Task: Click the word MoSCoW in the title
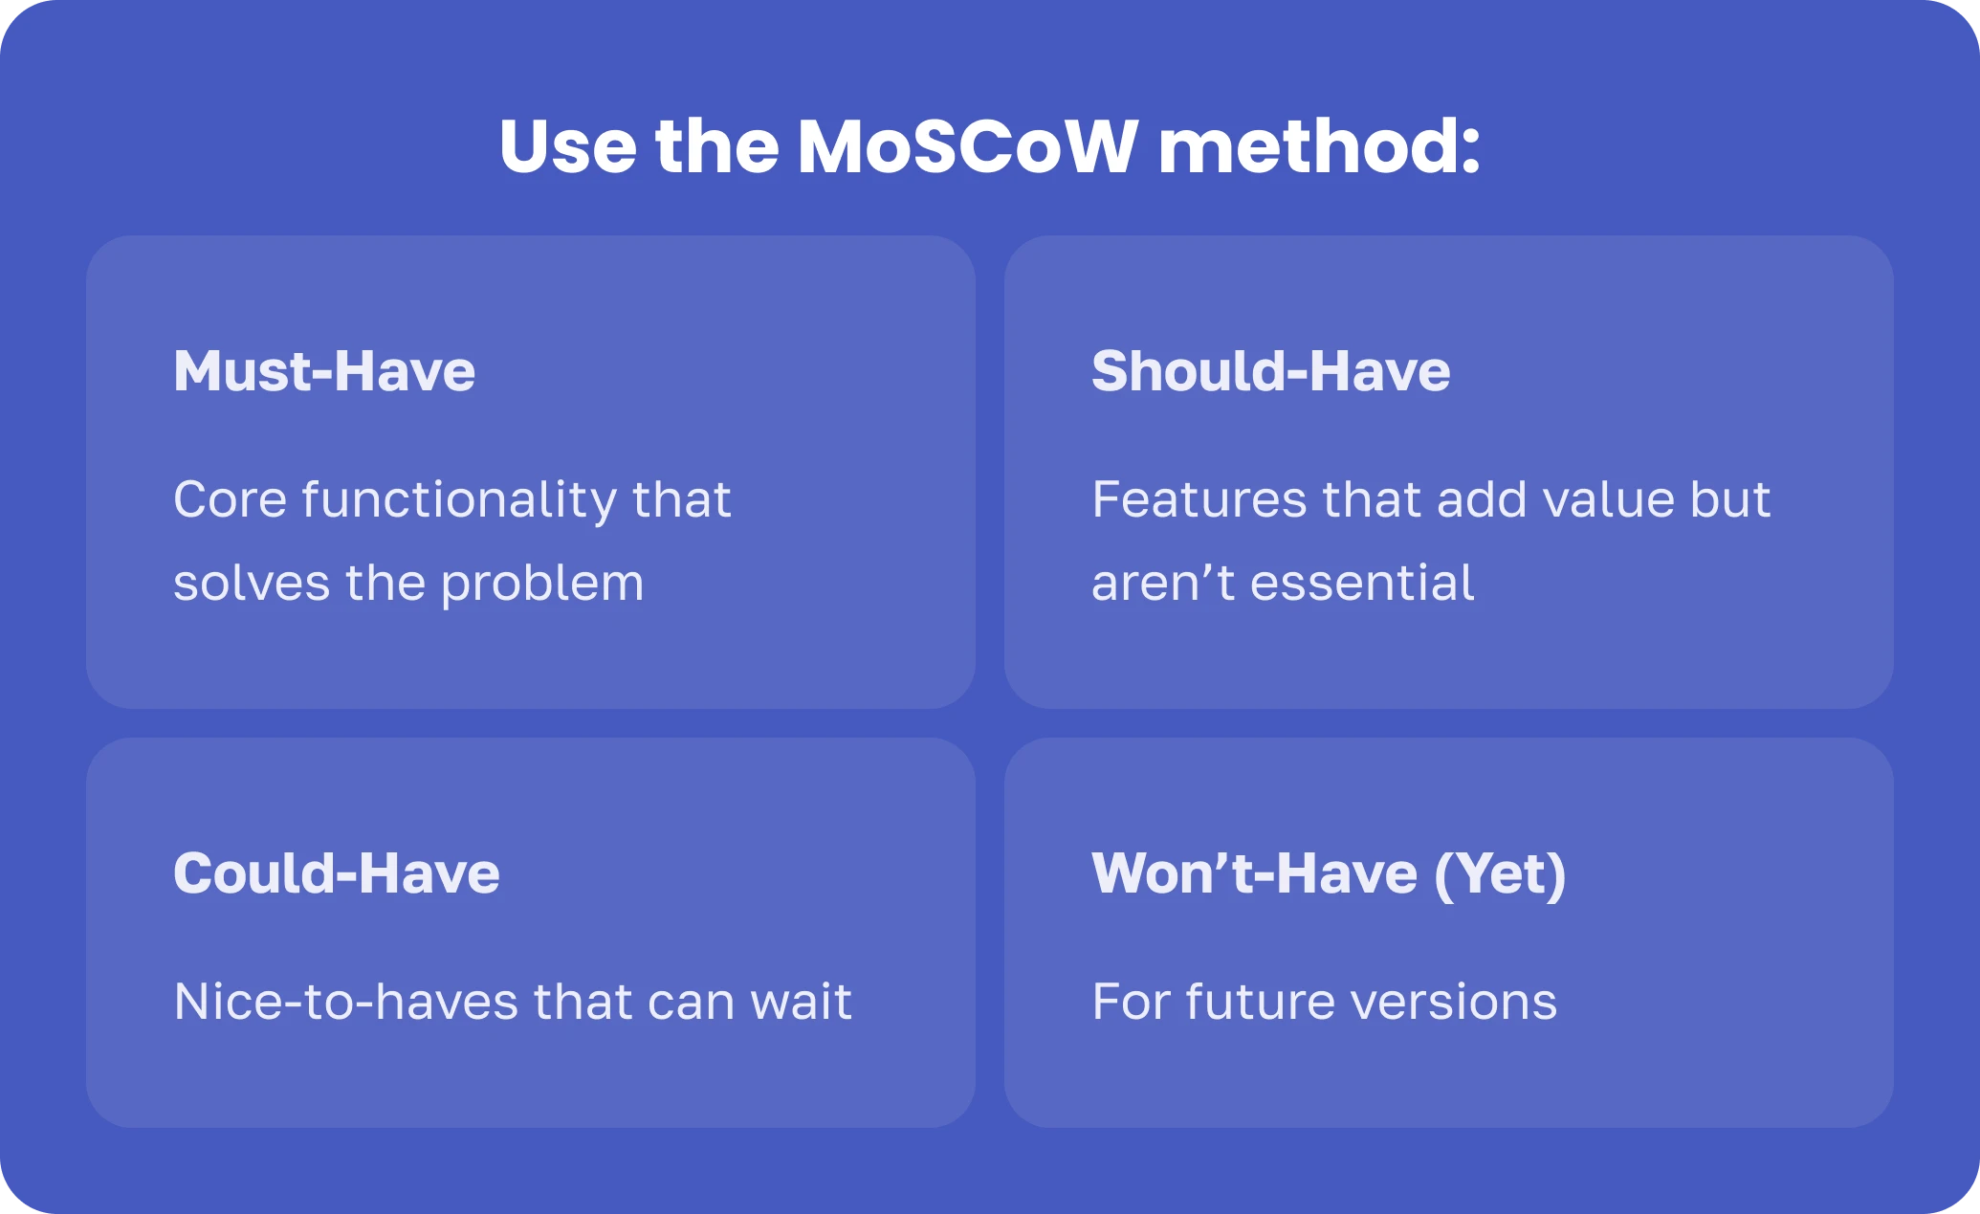(x=967, y=146)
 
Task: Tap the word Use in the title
(x=568, y=146)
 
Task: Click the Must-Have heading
(x=324, y=371)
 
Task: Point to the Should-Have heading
(x=1271, y=371)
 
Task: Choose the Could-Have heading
(x=337, y=873)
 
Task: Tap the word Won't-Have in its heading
(x=1255, y=873)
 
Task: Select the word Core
(x=231, y=499)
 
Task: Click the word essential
(x=1362, y=583)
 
